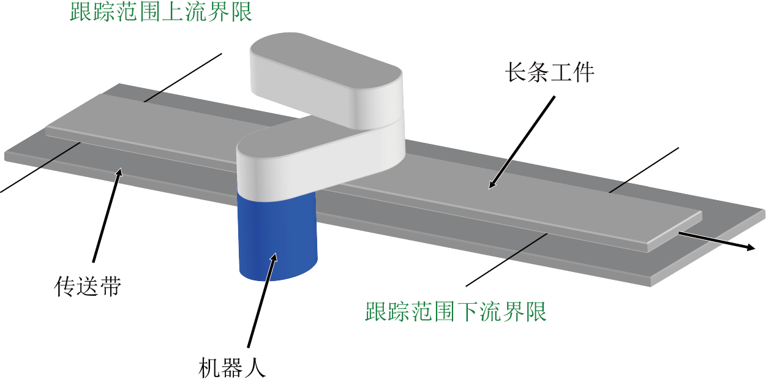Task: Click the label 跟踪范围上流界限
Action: pyautogui.click(x=161, y=12)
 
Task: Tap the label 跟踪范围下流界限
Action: pyautogui.click(x=456, y=312)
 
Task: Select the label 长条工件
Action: pyautogui.click(x=549, y=72)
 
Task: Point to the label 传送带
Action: pyautogui.click(x=88, y=286)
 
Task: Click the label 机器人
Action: pyautogui.click(x=232, y=368)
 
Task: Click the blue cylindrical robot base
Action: pyautogui.click(x=277, y=236)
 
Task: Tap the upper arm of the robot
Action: pyautogui.click(x=326, y=80)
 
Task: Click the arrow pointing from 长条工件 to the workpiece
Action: pyautogui.click(x=522, y=142)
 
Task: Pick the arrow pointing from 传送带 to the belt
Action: pyautogui.click(x=107, y=215)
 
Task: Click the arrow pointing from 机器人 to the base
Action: pyautogui.click(x=262, y=300)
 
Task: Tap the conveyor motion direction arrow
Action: pyautogui.click(x=717, y=241)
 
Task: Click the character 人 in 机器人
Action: pyautogui.click(x=255, y=368)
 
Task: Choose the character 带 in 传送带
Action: pyautogui.click(x=110, y=286)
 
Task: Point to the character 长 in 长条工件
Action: pyautogui.click(x=516, y=72)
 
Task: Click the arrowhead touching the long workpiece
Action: pyautogui.click(x=492, y=184)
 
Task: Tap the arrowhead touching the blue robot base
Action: pyautogui.click(x=274, y=258)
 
